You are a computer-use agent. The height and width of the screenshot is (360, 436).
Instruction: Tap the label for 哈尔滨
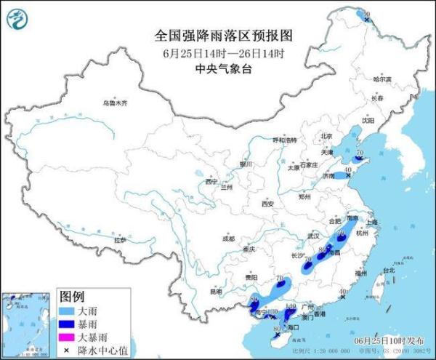pyautogui.click(x=382, y=79)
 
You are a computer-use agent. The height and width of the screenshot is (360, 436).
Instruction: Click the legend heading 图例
pyautogui.click(x=72, y=297)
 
